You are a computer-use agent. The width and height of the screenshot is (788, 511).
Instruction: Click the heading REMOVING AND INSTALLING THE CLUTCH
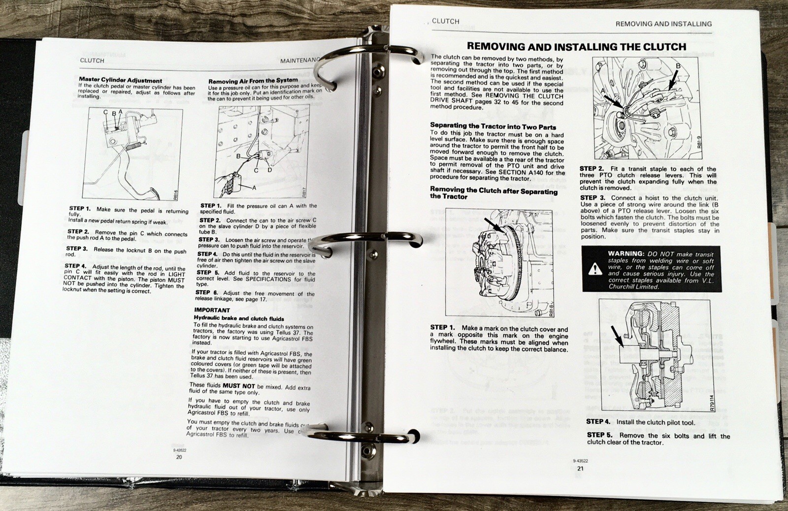(576, 47)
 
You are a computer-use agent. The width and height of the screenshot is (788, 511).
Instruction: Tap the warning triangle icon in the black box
(595, 269)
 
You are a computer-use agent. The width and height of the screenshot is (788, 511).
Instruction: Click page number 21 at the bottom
(580, 468)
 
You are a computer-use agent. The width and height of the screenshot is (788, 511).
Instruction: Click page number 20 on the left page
(179, 457)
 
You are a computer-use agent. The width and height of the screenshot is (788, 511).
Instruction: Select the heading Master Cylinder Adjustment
(120, 80)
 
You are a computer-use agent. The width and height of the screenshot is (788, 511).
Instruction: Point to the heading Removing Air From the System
(253, 80)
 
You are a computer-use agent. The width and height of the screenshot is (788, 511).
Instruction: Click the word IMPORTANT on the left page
(212, 310)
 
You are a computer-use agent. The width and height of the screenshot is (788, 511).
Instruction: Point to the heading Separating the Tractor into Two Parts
(492, 126)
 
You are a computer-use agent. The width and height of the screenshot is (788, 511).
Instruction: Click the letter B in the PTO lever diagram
(678, 66)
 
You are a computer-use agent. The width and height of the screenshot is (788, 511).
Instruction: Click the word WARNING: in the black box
(626, 253)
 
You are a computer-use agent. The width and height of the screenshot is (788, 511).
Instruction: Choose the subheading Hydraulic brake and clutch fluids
(238, 318)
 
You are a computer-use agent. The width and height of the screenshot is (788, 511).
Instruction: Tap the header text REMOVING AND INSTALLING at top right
(663, 24)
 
